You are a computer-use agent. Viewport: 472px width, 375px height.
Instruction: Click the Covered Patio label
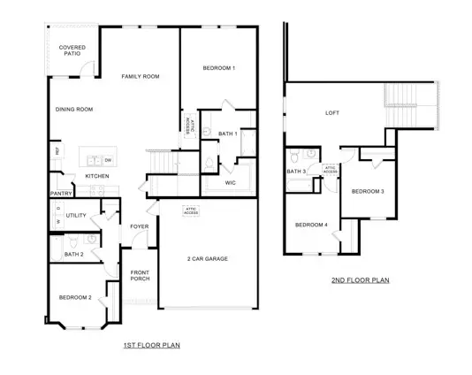71,50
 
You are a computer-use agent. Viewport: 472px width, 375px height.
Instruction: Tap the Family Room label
140,77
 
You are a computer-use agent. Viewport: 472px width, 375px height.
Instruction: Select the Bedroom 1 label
218,68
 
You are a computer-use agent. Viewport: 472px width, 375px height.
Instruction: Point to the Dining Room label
73,110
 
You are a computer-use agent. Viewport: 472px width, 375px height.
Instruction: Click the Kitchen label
97,176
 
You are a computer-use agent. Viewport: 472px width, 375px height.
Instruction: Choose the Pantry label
61,193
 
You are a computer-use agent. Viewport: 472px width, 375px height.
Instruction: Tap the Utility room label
76,215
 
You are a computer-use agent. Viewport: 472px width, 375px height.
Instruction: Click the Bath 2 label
75,255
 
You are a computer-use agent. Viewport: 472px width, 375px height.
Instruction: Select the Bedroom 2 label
75,297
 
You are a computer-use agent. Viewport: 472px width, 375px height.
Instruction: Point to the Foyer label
140,226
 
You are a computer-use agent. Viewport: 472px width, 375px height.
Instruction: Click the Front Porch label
140,276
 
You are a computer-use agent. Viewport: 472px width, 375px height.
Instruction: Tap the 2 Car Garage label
208,258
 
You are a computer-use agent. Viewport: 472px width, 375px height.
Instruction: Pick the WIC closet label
230,183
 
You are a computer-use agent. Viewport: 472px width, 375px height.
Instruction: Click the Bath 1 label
227,133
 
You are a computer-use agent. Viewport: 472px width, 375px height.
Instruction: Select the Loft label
332,112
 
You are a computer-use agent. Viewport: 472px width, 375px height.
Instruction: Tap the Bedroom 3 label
368,191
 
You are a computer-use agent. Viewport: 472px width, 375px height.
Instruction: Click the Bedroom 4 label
311,225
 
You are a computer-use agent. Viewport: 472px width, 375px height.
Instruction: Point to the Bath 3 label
296,172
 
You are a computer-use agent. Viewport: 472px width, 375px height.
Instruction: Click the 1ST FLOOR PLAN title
151,345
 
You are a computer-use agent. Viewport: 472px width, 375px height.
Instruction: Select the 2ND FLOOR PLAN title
361,280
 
